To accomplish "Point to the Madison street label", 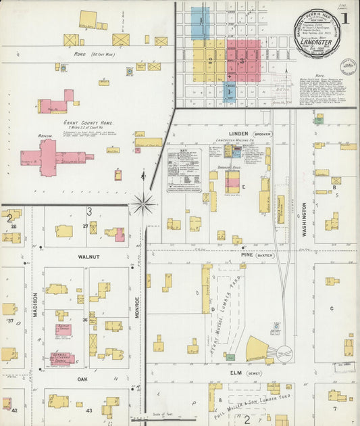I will pyautogui.click(x=36, y=304).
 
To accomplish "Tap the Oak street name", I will pyautogui.click(x=82, y=379).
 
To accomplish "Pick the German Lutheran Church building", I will pyautogui.click(x=63, y=358).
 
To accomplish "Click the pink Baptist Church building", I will pyautogui.click(x=63, y=329).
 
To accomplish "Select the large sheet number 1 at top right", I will pyautogui.click(x=344, y=18).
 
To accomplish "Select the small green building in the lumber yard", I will pyautogui.click(x=230, y=356).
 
